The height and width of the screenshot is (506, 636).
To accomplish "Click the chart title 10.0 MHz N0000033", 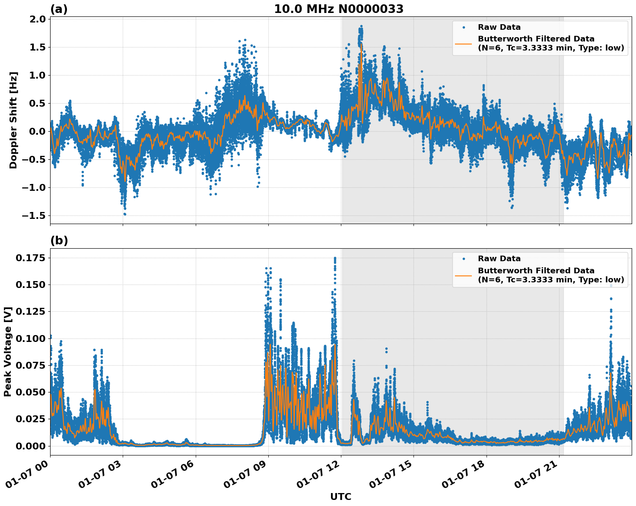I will click(339, 9).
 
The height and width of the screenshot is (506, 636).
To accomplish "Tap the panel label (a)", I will click(59, 9).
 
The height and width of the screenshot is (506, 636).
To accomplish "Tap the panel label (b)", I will click(59, 240).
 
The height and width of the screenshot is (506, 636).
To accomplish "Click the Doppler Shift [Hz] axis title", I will click(13, 120).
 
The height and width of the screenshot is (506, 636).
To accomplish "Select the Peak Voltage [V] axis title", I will click(8, 351).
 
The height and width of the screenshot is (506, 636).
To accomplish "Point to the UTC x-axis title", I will click(340, 497).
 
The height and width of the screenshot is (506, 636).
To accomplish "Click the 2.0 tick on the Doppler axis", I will click(37, 19).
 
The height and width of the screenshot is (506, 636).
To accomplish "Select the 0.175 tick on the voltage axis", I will click(31, 258).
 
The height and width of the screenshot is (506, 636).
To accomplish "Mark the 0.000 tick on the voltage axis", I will click(31, 446).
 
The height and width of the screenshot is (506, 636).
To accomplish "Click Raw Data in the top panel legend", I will click(499, 27).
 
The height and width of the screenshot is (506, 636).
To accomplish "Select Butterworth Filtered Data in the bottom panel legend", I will click(536, 271).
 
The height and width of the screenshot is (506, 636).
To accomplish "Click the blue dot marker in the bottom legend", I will click(464, 259).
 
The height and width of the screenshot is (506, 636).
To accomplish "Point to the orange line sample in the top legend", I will click(464, 43).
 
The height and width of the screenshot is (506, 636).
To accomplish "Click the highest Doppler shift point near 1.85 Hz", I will click(361, 26).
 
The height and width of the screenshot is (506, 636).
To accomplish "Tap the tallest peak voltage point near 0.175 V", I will click(335, 258).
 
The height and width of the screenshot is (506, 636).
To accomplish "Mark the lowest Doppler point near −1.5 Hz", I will click(125, 214).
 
